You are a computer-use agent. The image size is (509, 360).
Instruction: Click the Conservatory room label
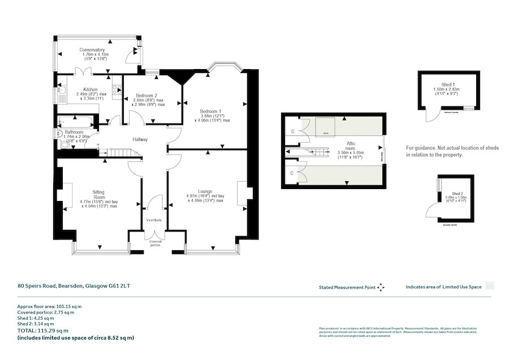(95, 49)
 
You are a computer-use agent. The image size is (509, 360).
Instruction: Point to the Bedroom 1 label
(211, 111)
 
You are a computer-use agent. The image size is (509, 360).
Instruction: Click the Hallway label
(140, 140)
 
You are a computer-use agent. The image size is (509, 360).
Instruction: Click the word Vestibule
(154, 220)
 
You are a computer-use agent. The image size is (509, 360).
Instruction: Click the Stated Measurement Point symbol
(381, 287)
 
